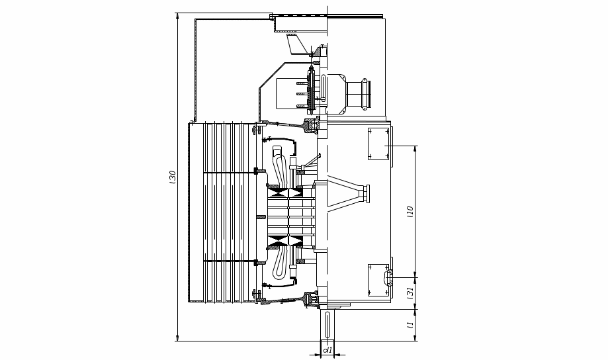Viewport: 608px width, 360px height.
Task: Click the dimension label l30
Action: (173, 177)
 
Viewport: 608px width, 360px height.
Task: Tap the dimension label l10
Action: (411, 211)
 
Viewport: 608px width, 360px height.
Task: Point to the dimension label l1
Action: (411, 324)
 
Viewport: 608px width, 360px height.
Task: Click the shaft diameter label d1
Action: (328, 350)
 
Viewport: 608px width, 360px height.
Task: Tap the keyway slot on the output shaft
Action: (327, 324)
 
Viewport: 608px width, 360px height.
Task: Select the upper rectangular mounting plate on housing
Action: (378, 144)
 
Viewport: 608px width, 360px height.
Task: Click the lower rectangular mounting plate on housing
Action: (378, 280)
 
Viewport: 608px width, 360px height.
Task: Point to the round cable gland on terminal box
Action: (366, 94)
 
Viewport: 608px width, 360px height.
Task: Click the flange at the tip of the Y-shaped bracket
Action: (365, 194)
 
